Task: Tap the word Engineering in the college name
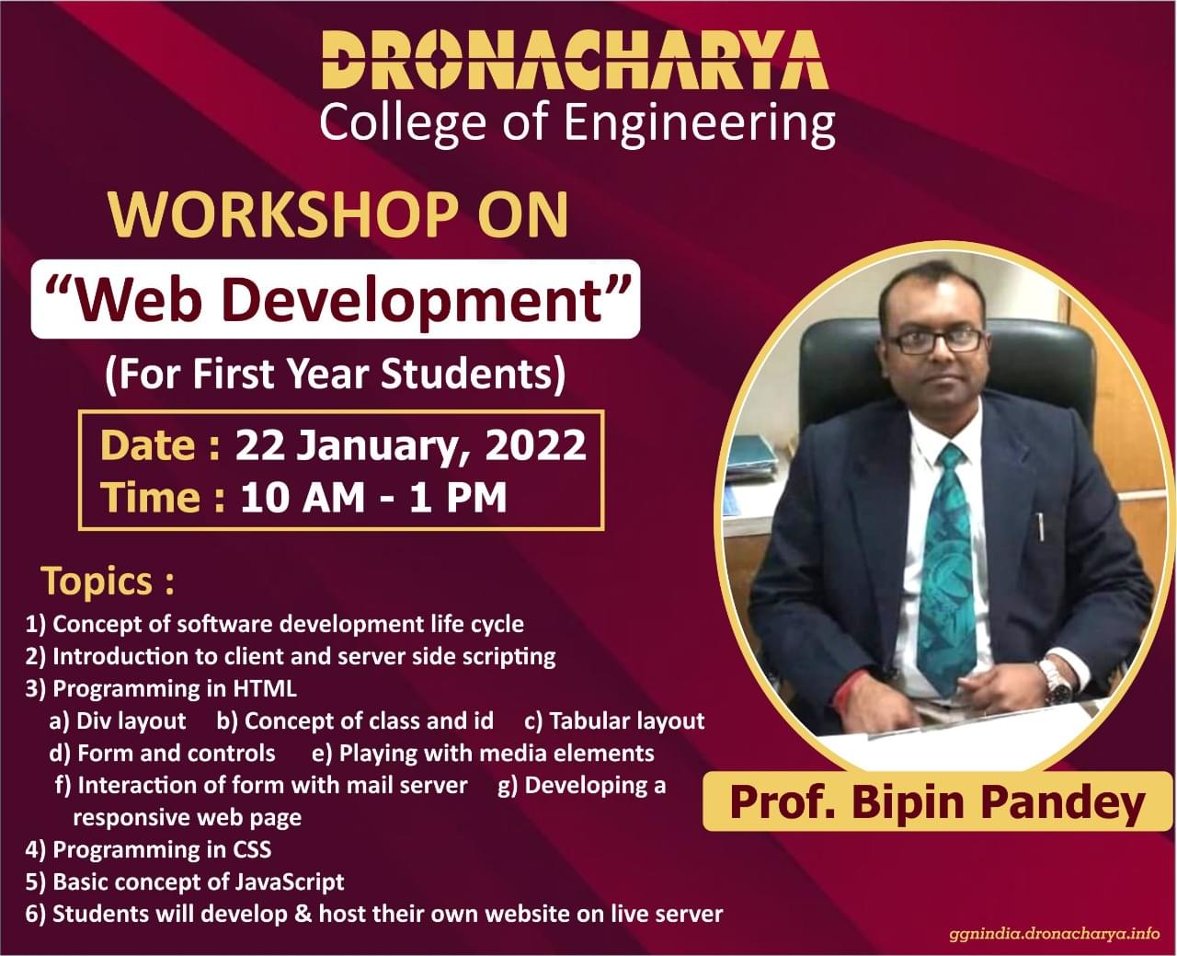click(699, 122)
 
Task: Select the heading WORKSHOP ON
click(338, 213)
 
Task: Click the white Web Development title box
click(336, 299)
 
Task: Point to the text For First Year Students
click(334, 374)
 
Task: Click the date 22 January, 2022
click(410, 445)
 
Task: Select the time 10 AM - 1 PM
click(373, 498)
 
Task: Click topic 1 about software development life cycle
click(275, 624)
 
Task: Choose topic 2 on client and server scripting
click(291, 656)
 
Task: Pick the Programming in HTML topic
click(162, 688)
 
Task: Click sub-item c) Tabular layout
click(614, 720)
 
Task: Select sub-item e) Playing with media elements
click(483, 753)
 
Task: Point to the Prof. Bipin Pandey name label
click(937, 801)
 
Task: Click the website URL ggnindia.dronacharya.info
click(1054, 934)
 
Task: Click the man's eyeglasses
click(935, 340)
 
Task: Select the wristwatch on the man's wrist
click(1056, 682)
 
